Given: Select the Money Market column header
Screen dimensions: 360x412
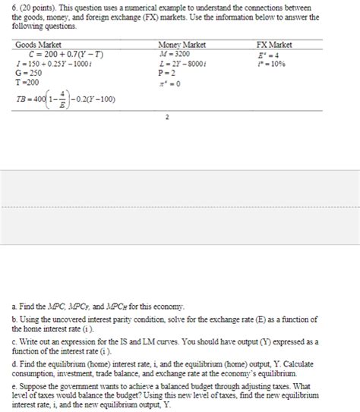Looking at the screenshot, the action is [x=182, y=45].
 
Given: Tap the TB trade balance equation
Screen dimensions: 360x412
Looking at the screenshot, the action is [x=65, y=99].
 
